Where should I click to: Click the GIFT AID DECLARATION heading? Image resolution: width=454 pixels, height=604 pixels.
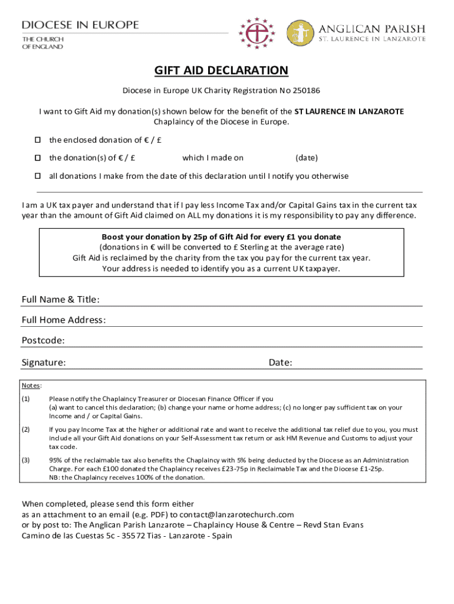coord(221,71)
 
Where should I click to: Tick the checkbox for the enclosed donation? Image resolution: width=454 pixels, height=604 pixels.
coord(37,140)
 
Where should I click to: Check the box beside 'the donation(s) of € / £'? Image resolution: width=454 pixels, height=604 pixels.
coord(37,158)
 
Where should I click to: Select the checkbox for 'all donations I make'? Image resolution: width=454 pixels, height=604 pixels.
coord(37,176)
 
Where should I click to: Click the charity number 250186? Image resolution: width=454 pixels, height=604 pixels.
coord(307,91)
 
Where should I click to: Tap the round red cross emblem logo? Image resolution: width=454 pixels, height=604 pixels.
coord(257,33)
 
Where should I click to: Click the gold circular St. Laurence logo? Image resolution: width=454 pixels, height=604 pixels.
coord(300,34)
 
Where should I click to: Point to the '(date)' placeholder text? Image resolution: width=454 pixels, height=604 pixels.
coord(307,158)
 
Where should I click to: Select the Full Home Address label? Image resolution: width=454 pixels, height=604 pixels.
coord(64,320)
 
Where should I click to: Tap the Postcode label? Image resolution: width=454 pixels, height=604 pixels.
coord(43,340)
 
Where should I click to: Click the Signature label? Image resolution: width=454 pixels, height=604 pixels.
coord(44,362)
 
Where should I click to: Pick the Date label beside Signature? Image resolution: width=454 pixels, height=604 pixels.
coord(281,362)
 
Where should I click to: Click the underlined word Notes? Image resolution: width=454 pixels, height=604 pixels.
coord(31,386)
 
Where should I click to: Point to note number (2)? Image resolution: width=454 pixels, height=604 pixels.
coord(26,429)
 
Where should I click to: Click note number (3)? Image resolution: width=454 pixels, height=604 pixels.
coord(26,460)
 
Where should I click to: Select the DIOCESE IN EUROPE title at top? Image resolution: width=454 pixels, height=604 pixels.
coord(80,25)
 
